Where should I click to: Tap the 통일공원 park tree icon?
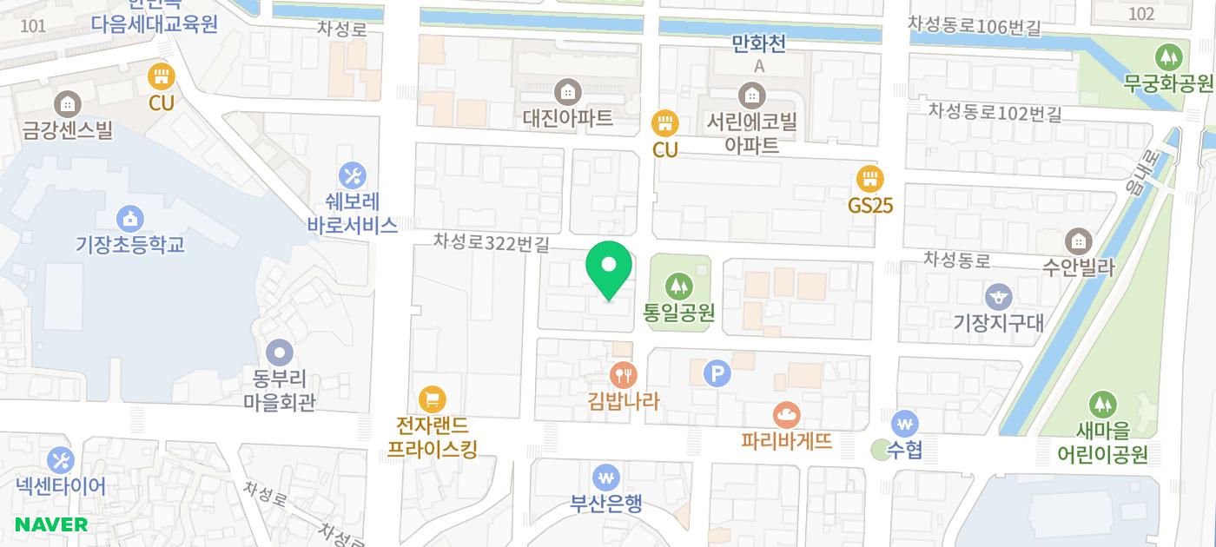(679, 284)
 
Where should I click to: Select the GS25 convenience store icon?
(869, 180)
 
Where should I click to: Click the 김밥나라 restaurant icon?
(624, 374)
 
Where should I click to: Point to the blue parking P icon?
(717, 373)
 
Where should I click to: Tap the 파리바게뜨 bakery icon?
(787, 414)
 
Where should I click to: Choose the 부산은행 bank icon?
(605, 477)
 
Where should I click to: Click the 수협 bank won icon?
(905, 424)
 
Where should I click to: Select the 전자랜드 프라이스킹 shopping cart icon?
(432, 399)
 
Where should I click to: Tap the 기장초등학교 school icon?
(129, 217)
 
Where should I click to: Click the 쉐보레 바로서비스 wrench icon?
(352, 175)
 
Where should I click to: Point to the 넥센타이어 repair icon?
(60, 460)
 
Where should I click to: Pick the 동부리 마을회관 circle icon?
(280, 353)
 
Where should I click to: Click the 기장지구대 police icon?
(999, 296)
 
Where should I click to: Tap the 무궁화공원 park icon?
(1168, 57)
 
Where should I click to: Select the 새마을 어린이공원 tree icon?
(1102, 404)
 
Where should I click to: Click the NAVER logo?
(51, 524)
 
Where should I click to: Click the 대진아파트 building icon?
(568, 90)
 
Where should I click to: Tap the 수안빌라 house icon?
(1079, 241)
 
